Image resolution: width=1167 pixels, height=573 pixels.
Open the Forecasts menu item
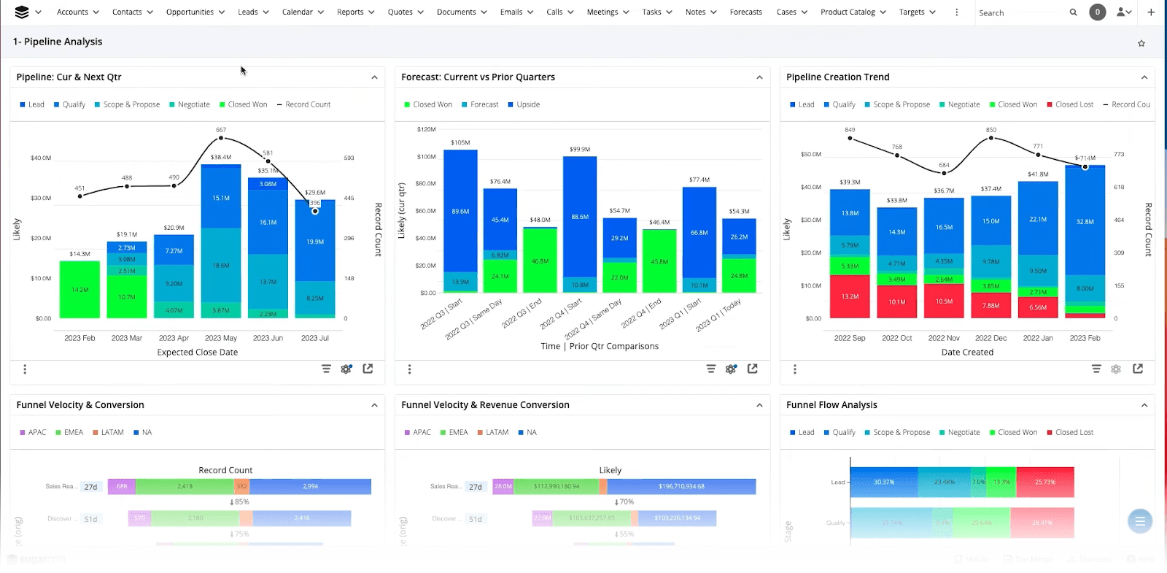pyautogui.click(x=745, y=12)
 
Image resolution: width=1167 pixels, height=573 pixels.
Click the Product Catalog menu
pyautogui.click(x=848, y=12)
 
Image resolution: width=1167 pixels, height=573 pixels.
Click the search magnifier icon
pyautogui.click(x=1073, y=12)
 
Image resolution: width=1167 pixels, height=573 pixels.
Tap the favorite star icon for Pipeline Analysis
pyautogui.click(x=1141, y=43)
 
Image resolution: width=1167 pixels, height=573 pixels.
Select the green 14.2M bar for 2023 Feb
pyautogui.click(x=80, y=290)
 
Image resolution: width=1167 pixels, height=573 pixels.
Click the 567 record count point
pyautogui.click(x=221, y=137)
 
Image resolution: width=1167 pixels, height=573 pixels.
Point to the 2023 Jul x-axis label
pyautogui.click(x=314, y=338)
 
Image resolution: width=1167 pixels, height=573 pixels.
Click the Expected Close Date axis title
pyautogui.click(x=197, y=352)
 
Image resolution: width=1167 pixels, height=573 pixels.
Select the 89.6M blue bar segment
pyautogui.click(x=460, y=211)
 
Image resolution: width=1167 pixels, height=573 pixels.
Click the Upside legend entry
pyautogui.click(x=527, y=104)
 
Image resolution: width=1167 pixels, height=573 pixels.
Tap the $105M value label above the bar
pyautogui.click(x=460, y=142)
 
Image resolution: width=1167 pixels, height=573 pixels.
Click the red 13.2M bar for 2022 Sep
pyautogui.click(x=850, y=296)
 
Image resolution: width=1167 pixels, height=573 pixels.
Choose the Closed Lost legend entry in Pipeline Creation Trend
pyautogui.click(x=1074, y=104)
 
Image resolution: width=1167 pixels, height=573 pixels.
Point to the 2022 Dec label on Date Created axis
pyautogui.click(x=990, y=338)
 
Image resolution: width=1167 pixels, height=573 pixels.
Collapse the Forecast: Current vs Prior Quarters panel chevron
pyautogui.click(x=759, y=77)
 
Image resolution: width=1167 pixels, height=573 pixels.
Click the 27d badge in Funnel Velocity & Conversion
pyautogui.click(x=90, y=487)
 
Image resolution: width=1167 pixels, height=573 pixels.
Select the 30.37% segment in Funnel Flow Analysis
pyautogui.click(x=883, y=482)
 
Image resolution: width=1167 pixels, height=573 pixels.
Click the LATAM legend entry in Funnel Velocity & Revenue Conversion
pyautogui.click(x=497, y=432)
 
